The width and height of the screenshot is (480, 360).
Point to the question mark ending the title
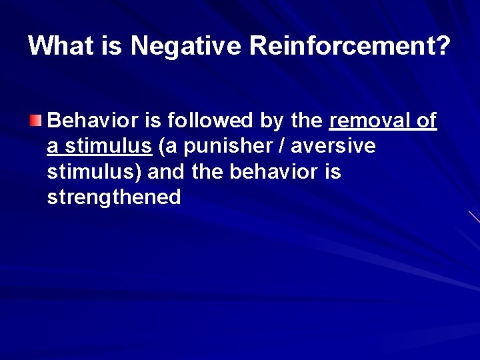coord(443,46)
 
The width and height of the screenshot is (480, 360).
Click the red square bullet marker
coord(35,121)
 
